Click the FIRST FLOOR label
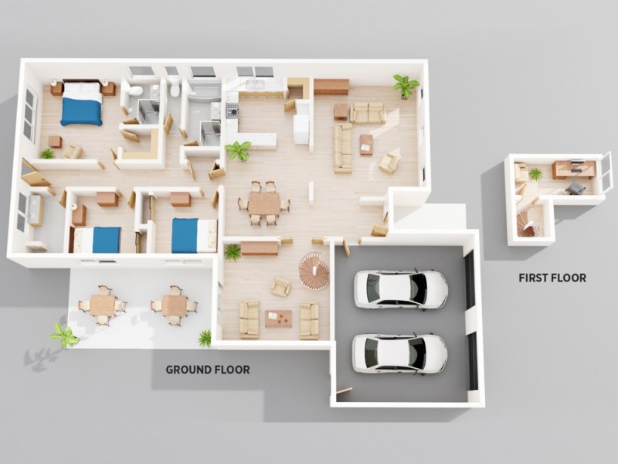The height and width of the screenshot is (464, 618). [552, 278]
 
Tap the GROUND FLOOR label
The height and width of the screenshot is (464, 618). [208, 370]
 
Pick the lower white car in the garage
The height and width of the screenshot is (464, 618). [399, 353]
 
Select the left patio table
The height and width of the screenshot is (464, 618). [102, 305]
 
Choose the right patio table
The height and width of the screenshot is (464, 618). [174, 305]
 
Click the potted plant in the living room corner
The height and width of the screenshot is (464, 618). [404, 84]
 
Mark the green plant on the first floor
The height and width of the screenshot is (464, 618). [535, 174]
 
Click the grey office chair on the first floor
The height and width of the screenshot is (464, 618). [576, 187]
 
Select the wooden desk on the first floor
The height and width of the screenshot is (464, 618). [572, 168]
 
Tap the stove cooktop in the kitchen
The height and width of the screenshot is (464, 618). [231, 111]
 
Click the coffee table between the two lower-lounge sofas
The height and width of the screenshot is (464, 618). [278, 318]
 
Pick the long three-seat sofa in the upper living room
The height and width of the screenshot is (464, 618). [343, 147]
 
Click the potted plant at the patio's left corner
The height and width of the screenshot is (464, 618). [63, 335]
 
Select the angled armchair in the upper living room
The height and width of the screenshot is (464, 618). [390, 162]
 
